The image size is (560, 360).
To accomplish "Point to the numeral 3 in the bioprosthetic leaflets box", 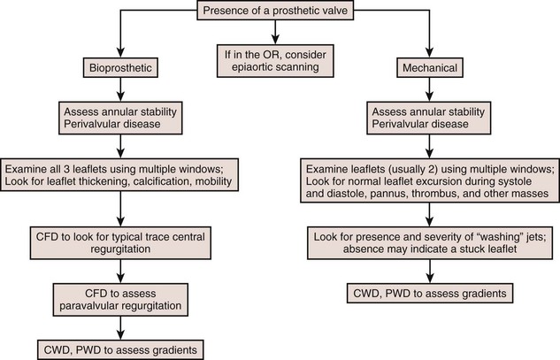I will [x=74, y=168].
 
